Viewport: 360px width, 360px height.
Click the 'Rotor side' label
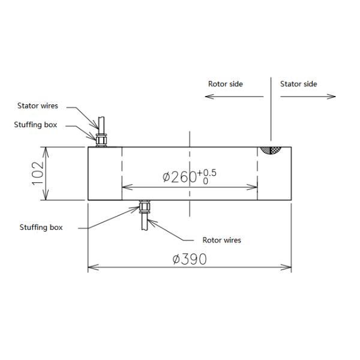[x=225, y=84]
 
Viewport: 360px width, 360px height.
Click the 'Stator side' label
[x=298, y=84]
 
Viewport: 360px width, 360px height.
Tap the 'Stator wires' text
[x=37, y=106]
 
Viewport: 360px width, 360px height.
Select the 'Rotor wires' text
[x=221, y=240]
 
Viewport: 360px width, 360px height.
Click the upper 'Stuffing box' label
[x=36, y=125]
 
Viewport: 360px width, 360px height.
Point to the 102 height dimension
[x=38, y=173]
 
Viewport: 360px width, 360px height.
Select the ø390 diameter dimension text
[x=189, y=259]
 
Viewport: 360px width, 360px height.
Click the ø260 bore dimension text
[x=180, y=177]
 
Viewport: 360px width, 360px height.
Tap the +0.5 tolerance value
[x=209, y=173]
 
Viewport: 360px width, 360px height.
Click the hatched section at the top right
[x=271, y=151]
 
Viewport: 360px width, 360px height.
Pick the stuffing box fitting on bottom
[x=144, y=207]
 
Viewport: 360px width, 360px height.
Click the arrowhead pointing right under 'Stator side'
[x=332, y=97]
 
